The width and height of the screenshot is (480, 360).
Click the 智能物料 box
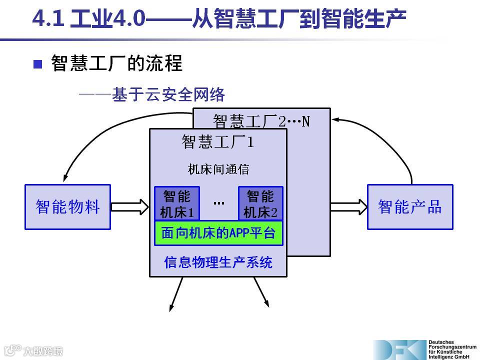[x=67, y=207]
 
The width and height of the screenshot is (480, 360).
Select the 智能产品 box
[x=410, y=207]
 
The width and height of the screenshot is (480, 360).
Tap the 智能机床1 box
[x=176, y=203]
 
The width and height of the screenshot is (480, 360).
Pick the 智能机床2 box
[x=260, y=203]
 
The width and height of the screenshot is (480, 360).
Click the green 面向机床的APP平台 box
[x=218, y=233]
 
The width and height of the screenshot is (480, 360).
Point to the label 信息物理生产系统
[x=218, y=262]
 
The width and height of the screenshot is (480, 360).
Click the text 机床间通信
[x=218, y=169]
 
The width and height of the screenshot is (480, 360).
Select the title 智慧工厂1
[x=218, y=142]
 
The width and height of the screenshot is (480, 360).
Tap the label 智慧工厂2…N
[x=261, y=120]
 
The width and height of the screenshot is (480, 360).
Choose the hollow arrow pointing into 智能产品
[x=349, y=206]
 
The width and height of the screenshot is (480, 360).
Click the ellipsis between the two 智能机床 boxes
[x=218, y=203]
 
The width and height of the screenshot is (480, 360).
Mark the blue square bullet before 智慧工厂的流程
[x=38, y=64]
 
